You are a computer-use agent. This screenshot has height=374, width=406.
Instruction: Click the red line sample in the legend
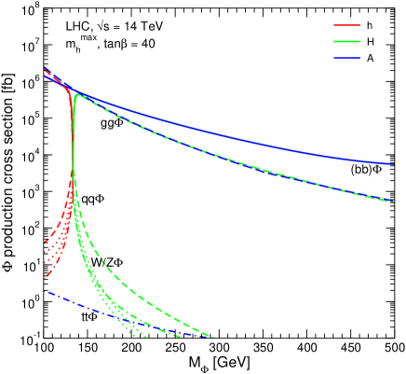[346, 26]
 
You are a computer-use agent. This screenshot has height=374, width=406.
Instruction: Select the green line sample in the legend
[346, 42]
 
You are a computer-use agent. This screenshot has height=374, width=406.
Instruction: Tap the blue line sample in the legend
[346, 59]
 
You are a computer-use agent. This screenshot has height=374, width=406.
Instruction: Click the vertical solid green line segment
[73, 140]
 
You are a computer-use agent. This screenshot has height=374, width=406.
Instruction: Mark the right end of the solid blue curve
[393, 164]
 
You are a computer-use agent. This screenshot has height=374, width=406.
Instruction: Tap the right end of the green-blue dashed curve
[393, 201]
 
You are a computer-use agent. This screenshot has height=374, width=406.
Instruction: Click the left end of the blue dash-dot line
[46, 292]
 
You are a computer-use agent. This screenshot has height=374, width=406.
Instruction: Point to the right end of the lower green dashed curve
[213, 337]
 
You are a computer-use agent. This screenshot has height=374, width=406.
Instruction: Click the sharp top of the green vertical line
[74, 94]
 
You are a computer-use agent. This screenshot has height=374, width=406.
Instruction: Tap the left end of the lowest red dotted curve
[46, 276]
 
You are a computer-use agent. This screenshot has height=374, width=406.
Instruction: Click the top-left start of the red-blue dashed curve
[46, 69]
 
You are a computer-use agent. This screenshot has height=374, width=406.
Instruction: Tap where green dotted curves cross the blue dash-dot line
[115, 312]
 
